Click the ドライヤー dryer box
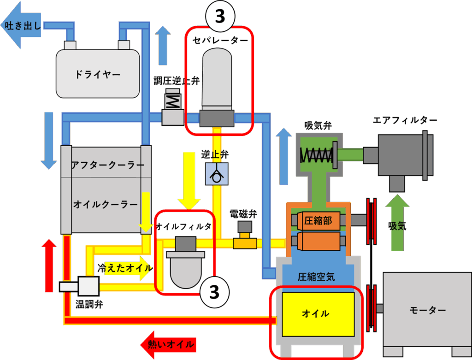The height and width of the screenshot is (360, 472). pos(97,74)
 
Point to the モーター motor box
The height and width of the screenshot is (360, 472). pos(427,310)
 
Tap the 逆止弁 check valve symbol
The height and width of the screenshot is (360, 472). pos(216,174)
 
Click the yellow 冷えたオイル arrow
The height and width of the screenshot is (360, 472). pos(124,269)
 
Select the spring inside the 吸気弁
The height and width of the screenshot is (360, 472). pos(316,155)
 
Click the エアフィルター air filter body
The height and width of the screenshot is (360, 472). pos(400,155)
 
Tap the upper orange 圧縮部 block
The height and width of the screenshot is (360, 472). pos(318,221)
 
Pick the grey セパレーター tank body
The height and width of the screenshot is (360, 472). pos(217,78)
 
